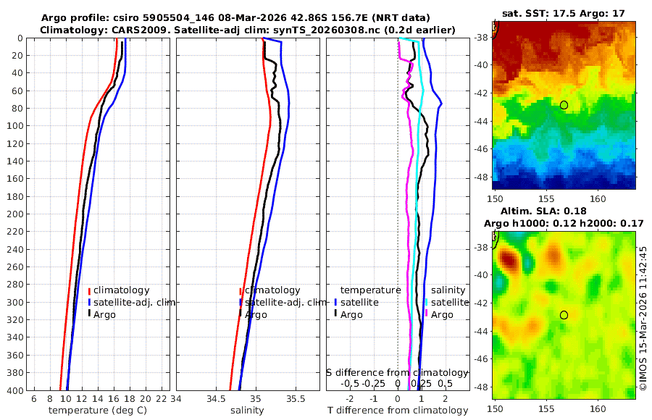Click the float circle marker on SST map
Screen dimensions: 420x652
click(564, 105)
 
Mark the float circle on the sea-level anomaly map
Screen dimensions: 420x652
click(564, 315)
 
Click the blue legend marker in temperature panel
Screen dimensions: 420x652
click(89, 303)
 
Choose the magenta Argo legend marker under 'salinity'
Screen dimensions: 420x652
click(427, 314)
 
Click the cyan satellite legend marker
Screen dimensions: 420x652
click(427, 302)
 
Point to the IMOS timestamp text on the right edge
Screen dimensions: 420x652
click(643, 319)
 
